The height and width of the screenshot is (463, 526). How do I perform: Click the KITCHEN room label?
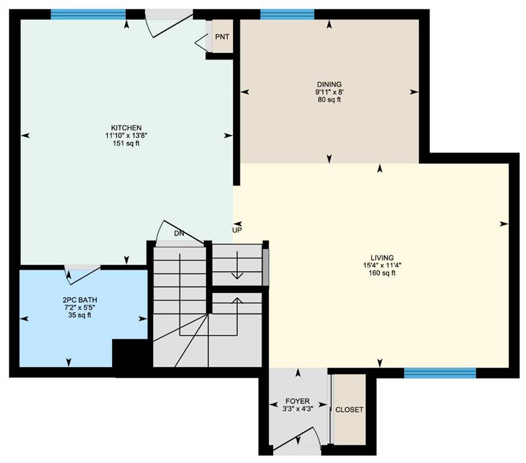127,128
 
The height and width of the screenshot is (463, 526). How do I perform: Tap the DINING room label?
329,84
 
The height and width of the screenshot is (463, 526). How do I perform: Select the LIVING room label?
383,257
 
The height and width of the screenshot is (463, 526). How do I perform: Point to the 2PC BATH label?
80,300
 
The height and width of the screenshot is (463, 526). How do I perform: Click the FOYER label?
298,402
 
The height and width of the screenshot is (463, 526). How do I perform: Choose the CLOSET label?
349,409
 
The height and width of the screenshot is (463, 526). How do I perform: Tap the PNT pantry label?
222,37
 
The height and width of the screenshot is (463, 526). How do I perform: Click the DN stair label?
179,233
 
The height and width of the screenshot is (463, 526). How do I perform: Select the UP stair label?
237,230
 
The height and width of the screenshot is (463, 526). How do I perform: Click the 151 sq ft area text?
127,143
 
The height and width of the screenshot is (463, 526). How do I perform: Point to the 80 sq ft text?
329,99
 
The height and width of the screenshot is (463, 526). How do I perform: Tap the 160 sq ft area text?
383,273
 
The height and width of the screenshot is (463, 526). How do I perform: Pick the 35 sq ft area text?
80,315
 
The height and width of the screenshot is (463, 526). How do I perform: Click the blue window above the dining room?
287,14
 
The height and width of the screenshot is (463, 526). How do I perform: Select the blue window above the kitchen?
88,14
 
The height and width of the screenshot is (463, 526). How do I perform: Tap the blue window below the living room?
440,373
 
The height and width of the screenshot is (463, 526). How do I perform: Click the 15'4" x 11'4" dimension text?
383,265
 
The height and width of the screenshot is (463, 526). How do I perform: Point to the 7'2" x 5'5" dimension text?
80,307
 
